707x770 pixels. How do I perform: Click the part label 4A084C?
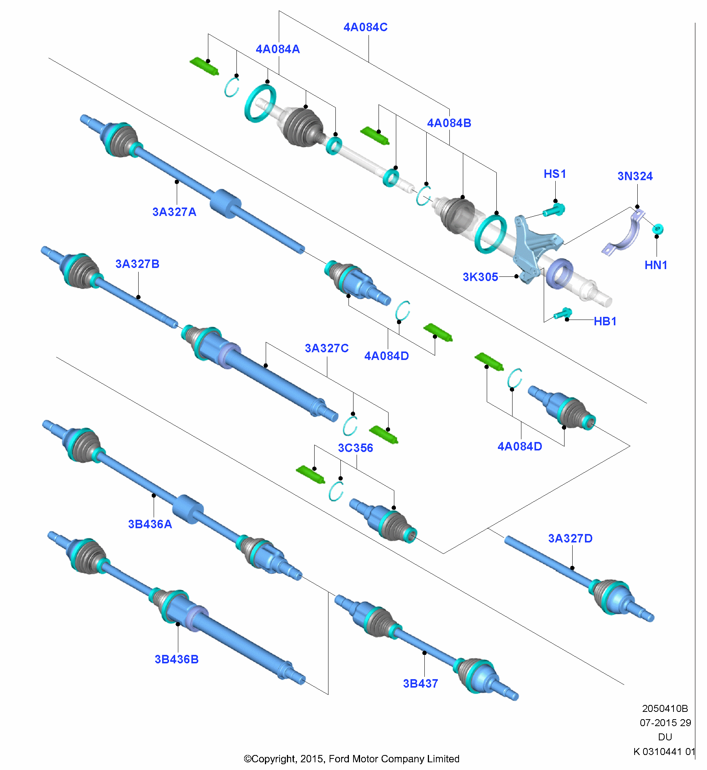pyautogui.click(x=365, y=27)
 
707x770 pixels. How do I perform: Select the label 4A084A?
pyautogui.click(x=278, y=49)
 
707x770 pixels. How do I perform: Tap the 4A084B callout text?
pyautogui.click(x=449, y=123)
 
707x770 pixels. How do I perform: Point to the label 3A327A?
pyautogui.click(x=174, y=212)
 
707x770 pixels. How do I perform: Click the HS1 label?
pyautogui.click(x=555, y=174)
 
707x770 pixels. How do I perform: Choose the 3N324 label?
pyautogui.click(x=635, y=176)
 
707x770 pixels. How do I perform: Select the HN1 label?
pyautogui.click(x=656, y=265)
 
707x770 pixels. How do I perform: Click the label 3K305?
pyautogui.click(x=480, y=277)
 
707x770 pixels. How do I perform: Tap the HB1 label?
pyautogui.click(x=605, y=321)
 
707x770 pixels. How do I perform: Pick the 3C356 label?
pyautogui.click(x=355, y=448)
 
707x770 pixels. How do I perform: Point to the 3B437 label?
pyautogui.click(x=421, y=684)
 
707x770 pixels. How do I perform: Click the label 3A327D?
pyautogui.click(x=570, y=539)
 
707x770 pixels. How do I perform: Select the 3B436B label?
pyautogui.click(x=176, y=660)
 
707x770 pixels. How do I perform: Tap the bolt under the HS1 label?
pyautogui.click(x=554, y=211)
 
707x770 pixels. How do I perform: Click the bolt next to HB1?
pyautogui.click(x=563, y=313)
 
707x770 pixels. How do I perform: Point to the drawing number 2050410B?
pyautogui.click(x=665, y=708)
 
